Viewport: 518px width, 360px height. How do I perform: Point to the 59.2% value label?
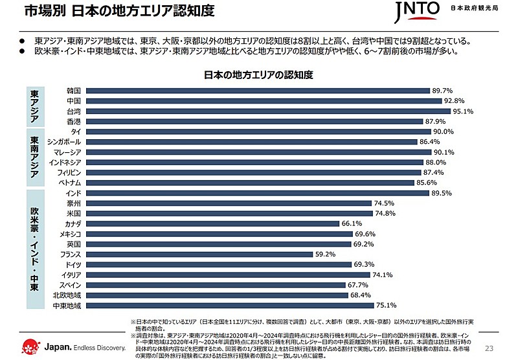[x=325, y=254]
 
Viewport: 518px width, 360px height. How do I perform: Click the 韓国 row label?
[x=73, y=91]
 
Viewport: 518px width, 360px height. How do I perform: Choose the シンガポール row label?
[x=64, y=142]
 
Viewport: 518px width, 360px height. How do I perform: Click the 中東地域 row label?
[x=67, y=305]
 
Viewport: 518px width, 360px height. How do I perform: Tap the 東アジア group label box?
[x=35, y=106]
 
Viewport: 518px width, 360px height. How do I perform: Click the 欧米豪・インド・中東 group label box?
[x=35, y=249]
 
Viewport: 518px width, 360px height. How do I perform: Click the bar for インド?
[x=258, y=193]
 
